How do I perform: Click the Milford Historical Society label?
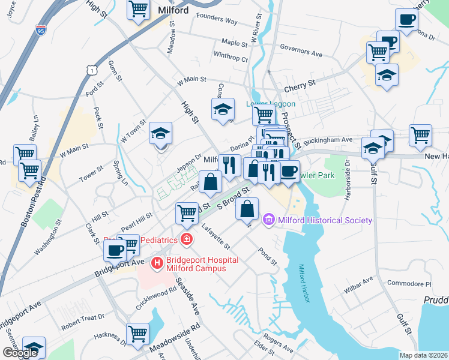click(324, 220)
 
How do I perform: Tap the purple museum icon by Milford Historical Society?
click(268, 220)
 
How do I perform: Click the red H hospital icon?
click(157, 262)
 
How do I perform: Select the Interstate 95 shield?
click(40, 30)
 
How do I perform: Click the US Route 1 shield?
click(91, 71)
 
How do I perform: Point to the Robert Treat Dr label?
click(83, 316)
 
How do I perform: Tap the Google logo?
click(20, 352)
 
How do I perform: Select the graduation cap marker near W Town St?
click(160, 134)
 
